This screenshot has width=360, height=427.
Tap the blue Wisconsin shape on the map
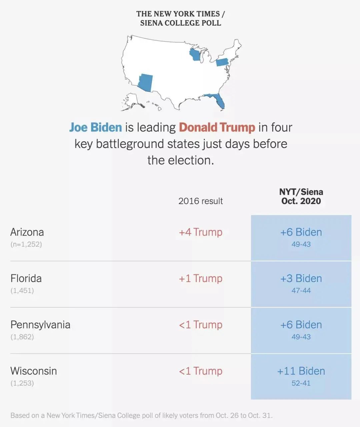click(195, 55)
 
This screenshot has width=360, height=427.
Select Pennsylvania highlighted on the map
click(222, 62)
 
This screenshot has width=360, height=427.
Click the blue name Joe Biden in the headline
click(96, 127)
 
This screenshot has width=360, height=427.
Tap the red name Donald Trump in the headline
click(217, 127)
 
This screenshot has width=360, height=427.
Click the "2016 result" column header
click(200, 201)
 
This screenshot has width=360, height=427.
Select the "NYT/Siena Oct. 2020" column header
click(301, 196)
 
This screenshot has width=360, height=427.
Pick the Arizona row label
click(27, 232)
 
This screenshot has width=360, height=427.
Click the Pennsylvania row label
click(40, 325)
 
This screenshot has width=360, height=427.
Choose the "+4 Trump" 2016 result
click(200, 232)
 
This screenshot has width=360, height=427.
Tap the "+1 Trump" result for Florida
click(200, 278)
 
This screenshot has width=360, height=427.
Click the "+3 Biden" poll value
click(301, 278)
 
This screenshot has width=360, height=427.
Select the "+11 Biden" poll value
click(301, 371)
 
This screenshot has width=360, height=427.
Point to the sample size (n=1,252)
click(26, 244)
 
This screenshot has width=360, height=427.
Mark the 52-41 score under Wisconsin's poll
click(301, 383)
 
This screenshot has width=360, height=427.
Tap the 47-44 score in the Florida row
click(301, 291)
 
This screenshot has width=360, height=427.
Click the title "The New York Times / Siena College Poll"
click(180, 18)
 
